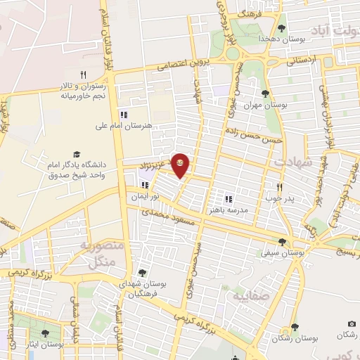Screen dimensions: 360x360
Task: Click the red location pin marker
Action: click(x=181, y=164)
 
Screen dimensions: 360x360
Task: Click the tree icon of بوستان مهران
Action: click(x=265, y=94)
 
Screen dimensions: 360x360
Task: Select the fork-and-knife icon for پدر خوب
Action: click(x=280, y=187)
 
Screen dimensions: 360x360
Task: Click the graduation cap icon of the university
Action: click(x=76, y=154)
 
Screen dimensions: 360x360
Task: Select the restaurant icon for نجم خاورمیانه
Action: click(x=83, y=74)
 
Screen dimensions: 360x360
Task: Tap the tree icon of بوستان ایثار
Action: click(x=46, y=334)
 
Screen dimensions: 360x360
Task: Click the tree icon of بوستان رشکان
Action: click(x=295, y=327)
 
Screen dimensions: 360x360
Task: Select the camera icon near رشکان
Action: click(x=352, y=323)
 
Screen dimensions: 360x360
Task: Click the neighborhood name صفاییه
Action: click(x=254, y=296)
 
